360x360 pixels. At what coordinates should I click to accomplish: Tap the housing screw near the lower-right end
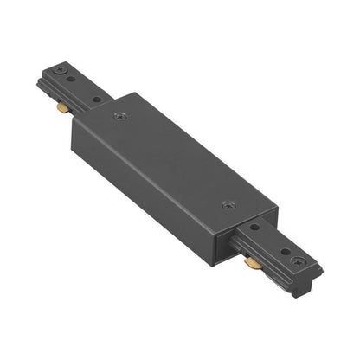point(227,205)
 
